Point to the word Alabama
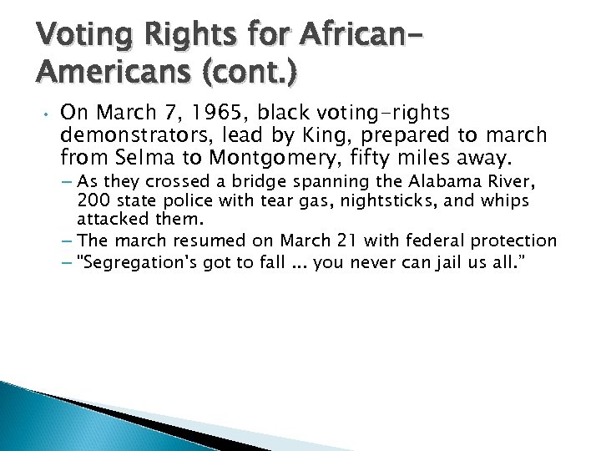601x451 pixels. click(444, 182)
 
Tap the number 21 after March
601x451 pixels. click(347, 241)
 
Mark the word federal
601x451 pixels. click(435, 241)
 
